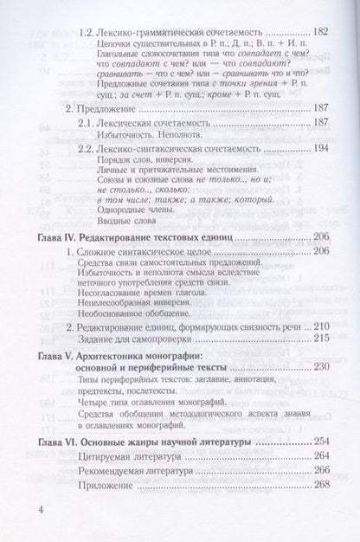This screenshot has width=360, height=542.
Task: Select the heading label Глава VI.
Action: click(63, 443)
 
